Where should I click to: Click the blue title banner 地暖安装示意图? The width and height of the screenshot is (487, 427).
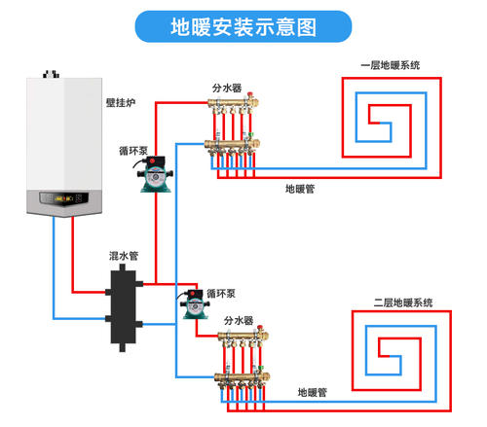pyautogui.click(x=243, y=26)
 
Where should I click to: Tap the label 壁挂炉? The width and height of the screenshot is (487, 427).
pyautogui.click(x=121, y=103)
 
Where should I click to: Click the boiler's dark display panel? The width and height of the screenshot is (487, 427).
pyautogui.click(x=64, y=198)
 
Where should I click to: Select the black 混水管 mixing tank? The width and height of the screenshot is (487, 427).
pyautogui.click(x=124, y=308)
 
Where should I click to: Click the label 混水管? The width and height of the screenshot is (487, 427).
pyautogui.click(x=124, y=256)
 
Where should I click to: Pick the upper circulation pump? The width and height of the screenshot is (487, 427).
pyautogui.click(x=155, y=174)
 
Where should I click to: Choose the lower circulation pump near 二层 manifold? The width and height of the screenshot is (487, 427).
pyautogui.click(x=194, y=304)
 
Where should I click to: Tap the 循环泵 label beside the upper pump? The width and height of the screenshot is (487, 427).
pyautogui.click(x=133, y=151)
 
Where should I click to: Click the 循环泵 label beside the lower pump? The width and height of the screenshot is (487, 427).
pyautogui.click(x=221, y=294)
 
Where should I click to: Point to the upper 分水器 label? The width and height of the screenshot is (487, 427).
pyautogui.click(x=227, y=88)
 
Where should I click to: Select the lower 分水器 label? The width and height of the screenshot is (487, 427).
pyautogui.click(x=239, y=321)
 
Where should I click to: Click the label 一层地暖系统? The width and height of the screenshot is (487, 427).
pyautogui.click(x=391, y=65)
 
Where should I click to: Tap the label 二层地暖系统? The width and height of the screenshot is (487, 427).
pyautogui.click(x=403, y=302)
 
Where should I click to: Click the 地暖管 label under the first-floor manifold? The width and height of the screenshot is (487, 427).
pyautogui.click(x=300, y=189)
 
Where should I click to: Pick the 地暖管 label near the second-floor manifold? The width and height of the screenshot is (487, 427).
pyautogui.click(x=313, y=392)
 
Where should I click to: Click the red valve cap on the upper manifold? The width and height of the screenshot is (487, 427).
pyautogui.click(x=250, y=95)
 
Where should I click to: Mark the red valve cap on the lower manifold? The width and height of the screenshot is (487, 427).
pyautogui.click(x=260, y=328)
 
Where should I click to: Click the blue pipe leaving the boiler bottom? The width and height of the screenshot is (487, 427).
pyautogui.click(x=54, y=267)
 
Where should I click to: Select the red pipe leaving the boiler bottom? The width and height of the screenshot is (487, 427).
pyautogui.click(x=72, y=255)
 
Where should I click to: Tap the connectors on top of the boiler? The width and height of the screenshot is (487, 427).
pyautogui.click(x=52, y=74)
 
